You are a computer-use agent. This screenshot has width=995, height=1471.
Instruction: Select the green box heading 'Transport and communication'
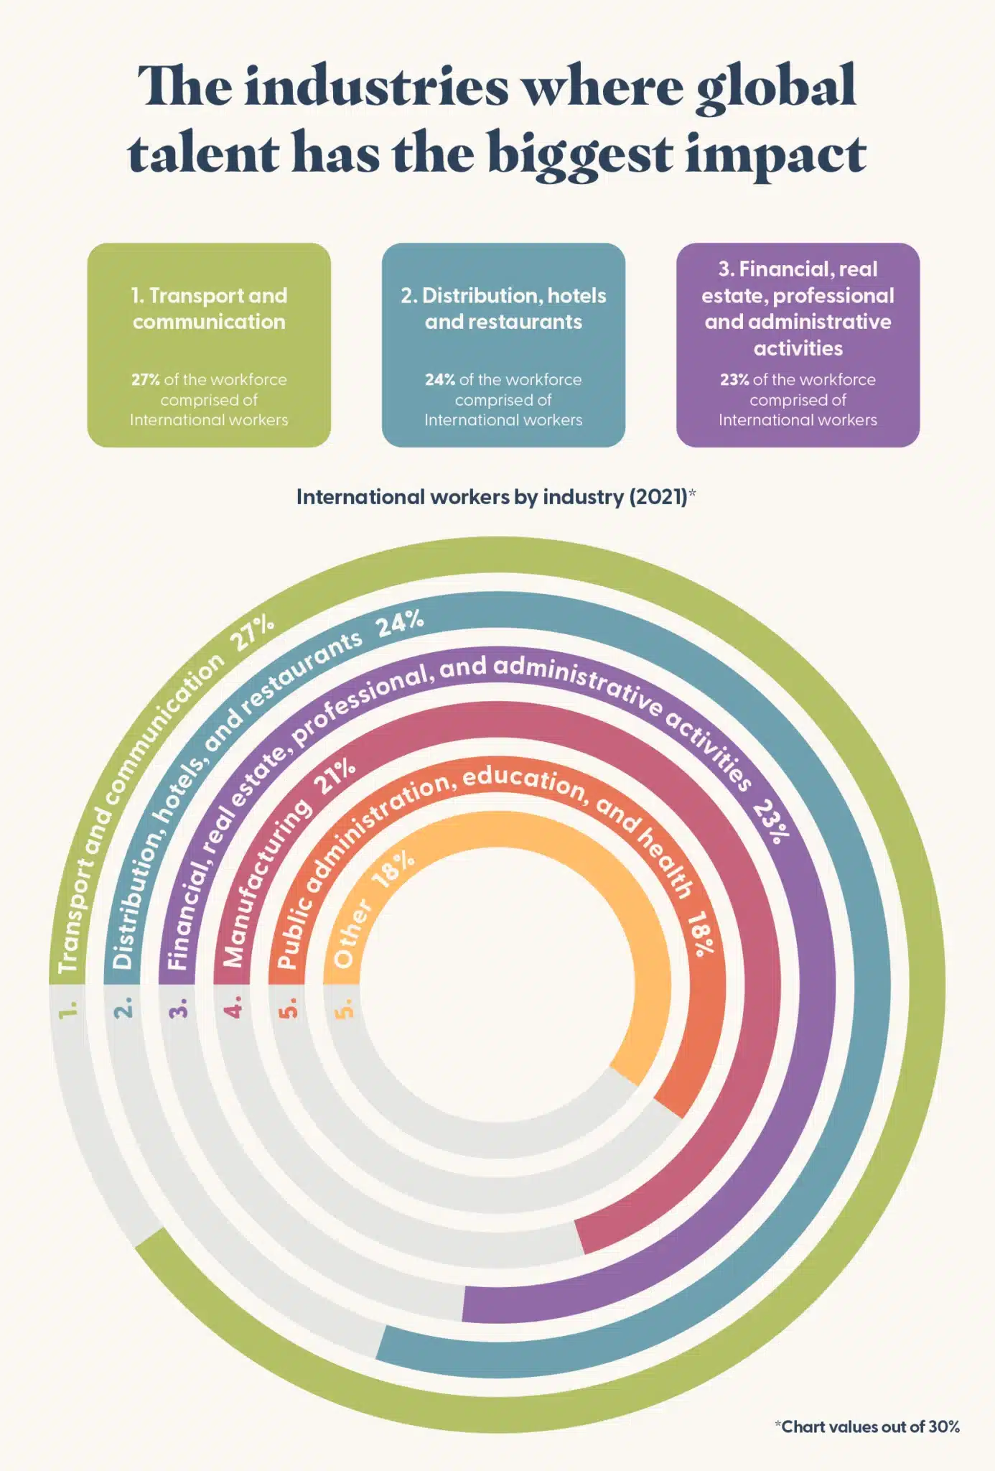point(209,309)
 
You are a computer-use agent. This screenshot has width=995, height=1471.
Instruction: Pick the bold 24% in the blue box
point(439,380)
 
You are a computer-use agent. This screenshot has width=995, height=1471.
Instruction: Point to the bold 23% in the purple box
point(734,380)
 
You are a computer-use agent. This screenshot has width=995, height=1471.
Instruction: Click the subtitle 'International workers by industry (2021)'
point(492,497)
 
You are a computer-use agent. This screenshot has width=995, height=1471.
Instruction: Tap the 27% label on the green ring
point(252,632)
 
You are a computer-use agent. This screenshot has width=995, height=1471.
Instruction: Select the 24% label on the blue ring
point(400,622)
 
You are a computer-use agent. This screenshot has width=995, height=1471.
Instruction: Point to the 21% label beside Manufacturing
point(336,776)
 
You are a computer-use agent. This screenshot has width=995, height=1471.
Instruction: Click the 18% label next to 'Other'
point(393,868)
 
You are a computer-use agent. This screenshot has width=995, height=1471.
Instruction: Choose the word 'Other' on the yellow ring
point(352,932)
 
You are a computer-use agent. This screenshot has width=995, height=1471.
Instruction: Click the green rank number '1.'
point(68,1010)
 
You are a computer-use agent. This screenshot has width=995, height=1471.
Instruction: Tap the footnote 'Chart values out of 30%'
point(869,1426)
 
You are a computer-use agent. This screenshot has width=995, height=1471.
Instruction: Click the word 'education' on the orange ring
point(524,781)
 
